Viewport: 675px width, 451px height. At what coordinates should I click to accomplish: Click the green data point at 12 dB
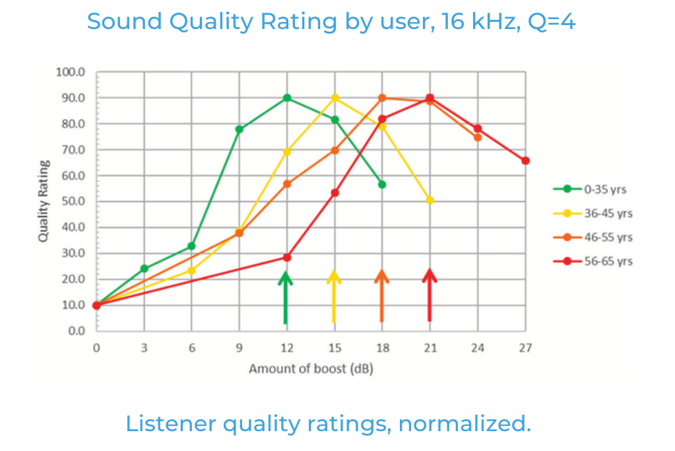[287, 98]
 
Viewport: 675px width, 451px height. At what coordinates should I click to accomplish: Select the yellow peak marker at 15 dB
[335, 98]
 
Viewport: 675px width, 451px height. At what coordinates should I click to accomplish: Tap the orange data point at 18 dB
[382, 98]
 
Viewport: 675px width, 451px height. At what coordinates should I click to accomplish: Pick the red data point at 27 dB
[525, 160]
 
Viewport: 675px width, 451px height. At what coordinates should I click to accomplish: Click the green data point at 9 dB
[239, 129]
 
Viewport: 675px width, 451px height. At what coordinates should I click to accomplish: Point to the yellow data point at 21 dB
[430, 200]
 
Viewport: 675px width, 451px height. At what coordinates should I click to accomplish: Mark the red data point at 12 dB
[287, 257]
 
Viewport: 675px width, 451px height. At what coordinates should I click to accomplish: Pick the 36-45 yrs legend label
[607, 214]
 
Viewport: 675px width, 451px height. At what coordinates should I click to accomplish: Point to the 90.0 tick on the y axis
[73, 98]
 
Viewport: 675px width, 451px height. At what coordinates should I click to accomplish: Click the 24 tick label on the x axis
[478, 348]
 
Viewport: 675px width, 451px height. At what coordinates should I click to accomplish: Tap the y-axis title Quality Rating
[44, 201]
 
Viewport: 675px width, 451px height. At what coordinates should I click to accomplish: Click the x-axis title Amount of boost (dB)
[311, 368]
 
